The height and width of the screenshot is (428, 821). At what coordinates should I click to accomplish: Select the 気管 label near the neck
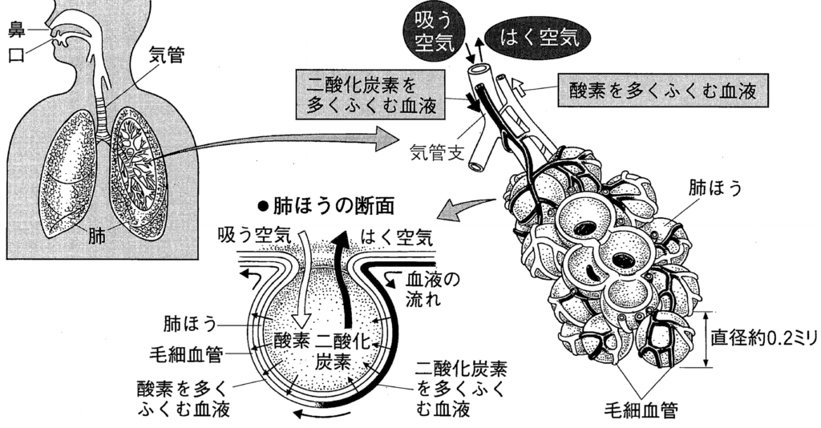coord(167,55)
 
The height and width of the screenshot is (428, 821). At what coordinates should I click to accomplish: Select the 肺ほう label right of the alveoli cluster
coord(717,188)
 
